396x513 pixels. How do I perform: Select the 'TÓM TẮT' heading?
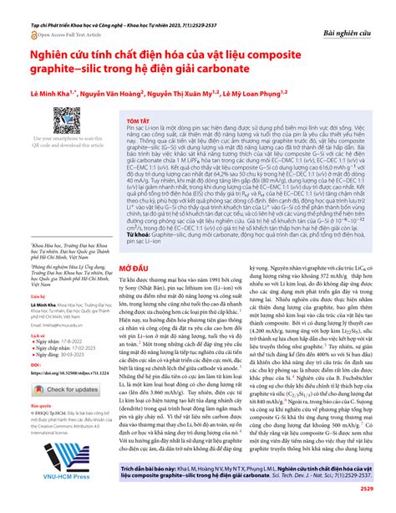click(x=135, y=145)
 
